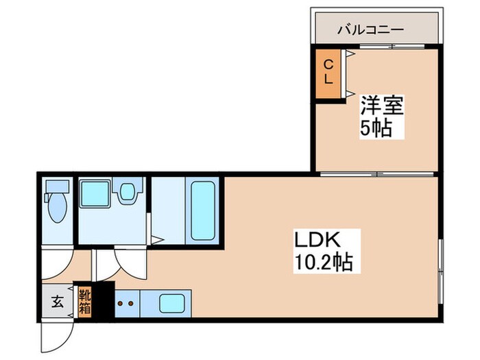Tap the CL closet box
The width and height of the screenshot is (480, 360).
tap(328, 72)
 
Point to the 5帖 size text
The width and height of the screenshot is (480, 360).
tap(377, 128)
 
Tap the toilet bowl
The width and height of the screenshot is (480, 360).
tap(56, 208)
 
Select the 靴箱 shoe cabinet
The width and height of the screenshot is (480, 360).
tap(84, 301)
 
